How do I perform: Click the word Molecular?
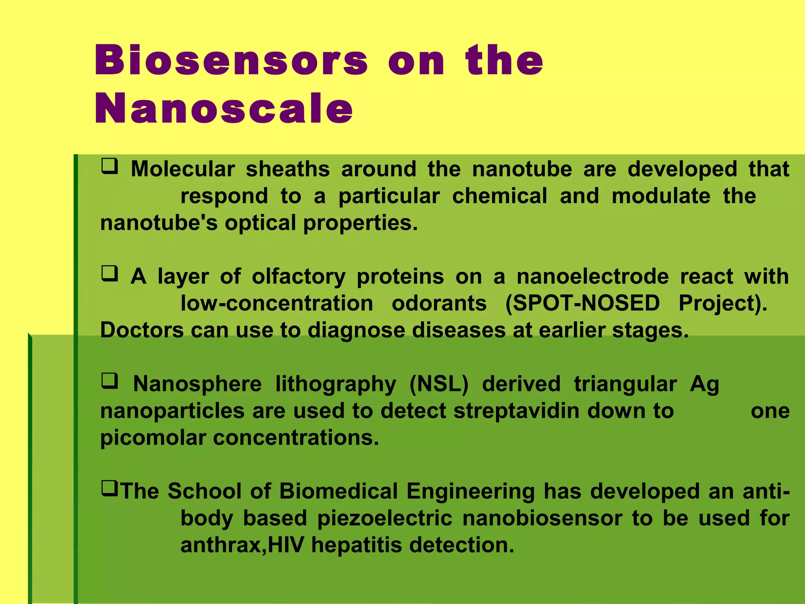182,169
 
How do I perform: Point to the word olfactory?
298,277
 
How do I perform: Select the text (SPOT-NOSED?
583,304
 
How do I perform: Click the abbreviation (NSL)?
439,384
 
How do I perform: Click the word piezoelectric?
385,519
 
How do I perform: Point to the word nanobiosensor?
542,519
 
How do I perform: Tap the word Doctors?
142,330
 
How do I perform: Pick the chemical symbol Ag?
704,384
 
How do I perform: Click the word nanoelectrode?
592,277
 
